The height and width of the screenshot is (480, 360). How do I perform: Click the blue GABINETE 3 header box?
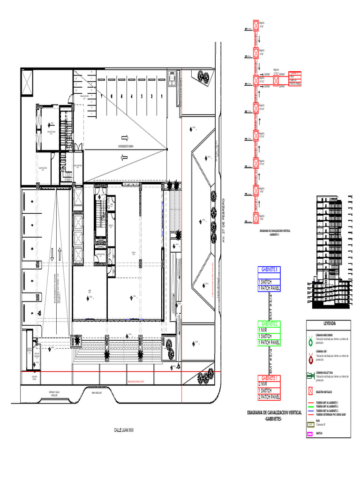[x=269, y=270]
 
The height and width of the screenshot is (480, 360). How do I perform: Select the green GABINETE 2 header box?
[x=269, y=324]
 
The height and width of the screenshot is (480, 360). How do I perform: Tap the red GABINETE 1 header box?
[x=269, y=378]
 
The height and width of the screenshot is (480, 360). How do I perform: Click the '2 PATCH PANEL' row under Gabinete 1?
[x=269, y=397]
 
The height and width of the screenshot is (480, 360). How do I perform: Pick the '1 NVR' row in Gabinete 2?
[x=269, y=330]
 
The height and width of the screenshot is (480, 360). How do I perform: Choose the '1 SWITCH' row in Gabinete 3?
[x=269, y=282]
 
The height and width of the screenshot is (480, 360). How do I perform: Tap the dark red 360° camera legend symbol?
[x=310, y=359]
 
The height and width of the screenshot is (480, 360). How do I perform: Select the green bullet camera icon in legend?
[x=310, y=375]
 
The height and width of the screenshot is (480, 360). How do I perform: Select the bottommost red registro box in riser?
[x=256, y=218]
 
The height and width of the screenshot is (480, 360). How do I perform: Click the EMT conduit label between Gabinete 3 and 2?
[x=269, y=307]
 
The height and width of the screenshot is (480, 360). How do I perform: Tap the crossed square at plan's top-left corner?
[x=27, y=83]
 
